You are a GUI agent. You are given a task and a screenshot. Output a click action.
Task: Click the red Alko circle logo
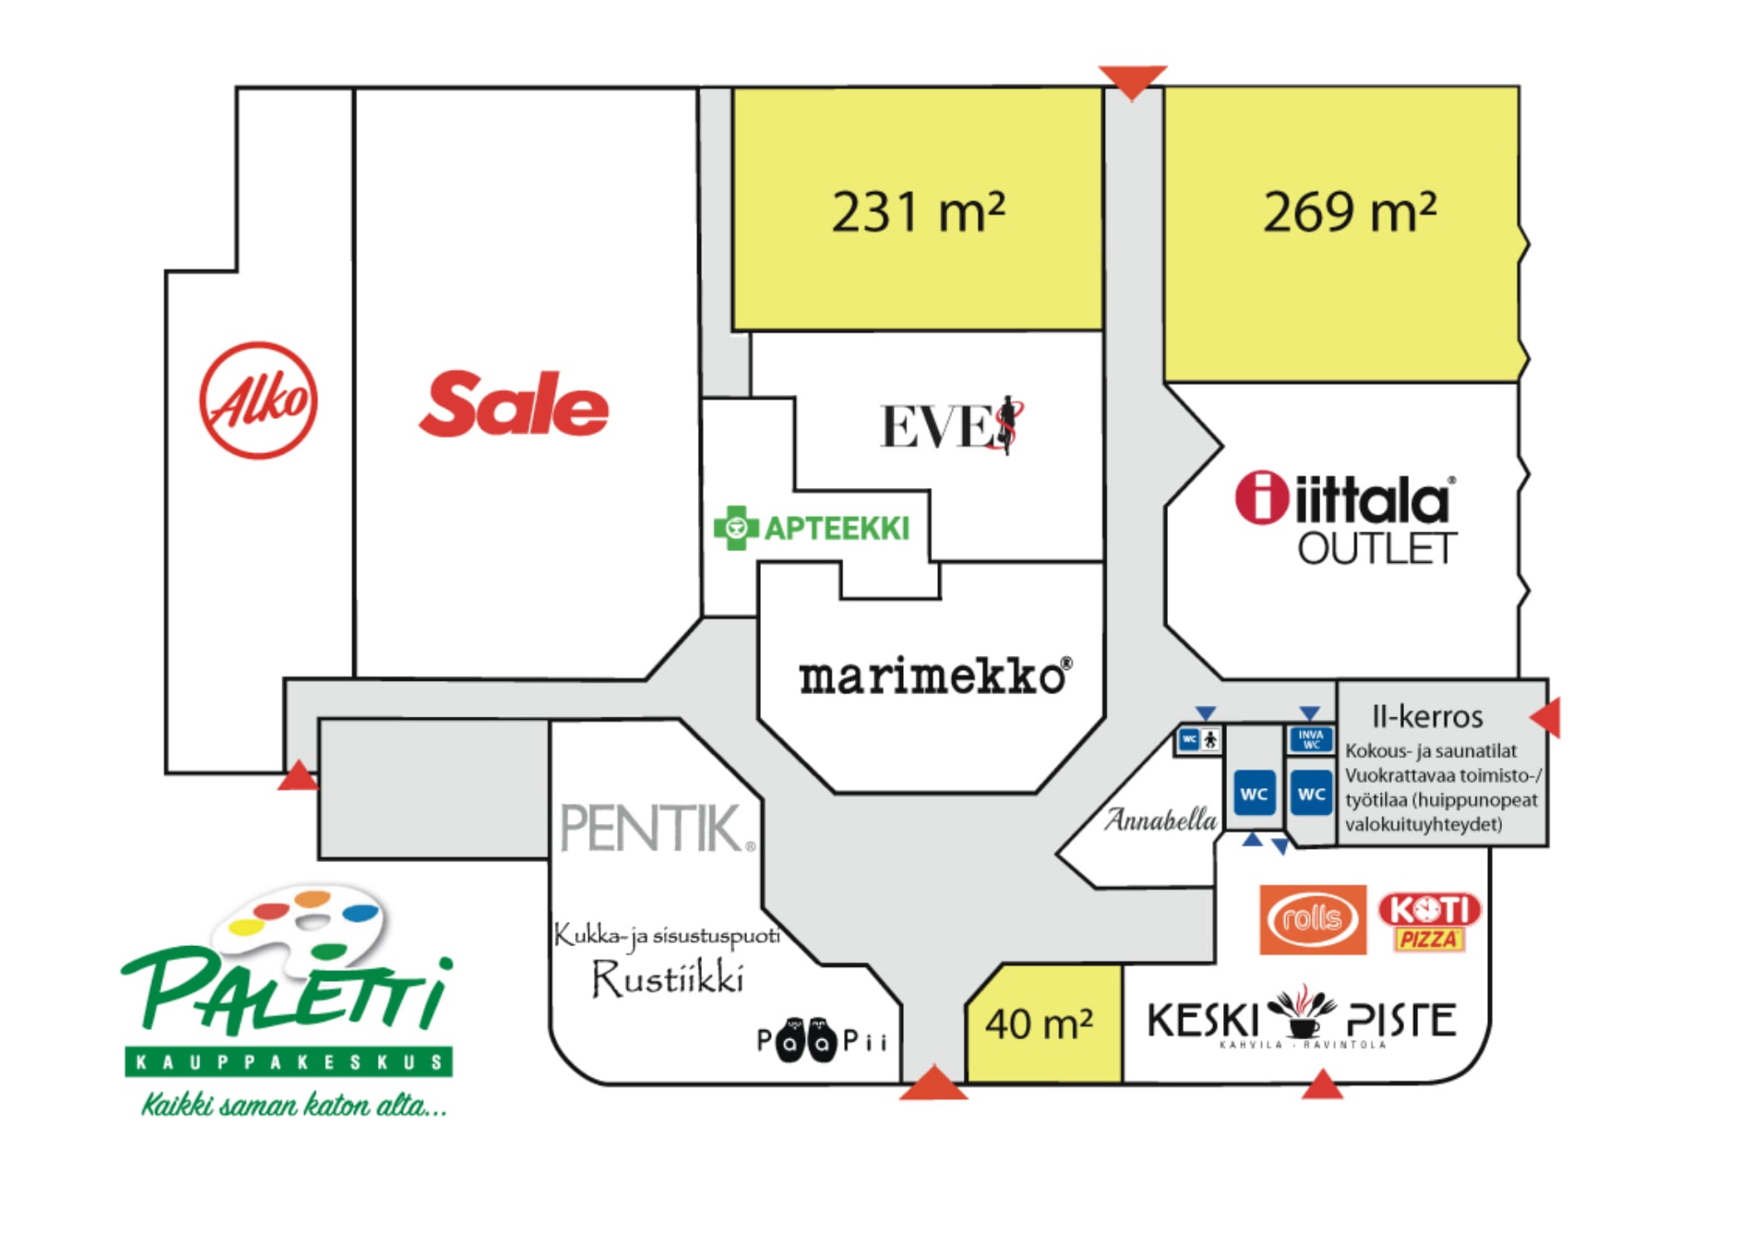click(258, 400)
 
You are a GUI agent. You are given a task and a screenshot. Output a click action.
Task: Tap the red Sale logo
click(514, 405)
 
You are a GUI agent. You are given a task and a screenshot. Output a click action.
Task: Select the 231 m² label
click(918, 211)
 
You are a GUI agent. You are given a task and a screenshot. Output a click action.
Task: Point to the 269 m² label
click(1349, 211)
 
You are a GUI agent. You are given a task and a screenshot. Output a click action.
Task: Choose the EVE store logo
click(951, 426)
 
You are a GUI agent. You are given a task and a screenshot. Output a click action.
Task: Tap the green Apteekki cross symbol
click(735, 528)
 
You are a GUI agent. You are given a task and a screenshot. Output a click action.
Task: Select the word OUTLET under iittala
click(1377, 550)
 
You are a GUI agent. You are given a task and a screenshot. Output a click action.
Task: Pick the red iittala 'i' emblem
click(1261, 498)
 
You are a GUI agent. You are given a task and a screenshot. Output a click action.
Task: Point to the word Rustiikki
click(667, 978)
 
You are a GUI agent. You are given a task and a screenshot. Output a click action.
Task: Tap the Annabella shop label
click(1160, 821)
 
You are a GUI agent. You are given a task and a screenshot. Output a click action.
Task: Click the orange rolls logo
click(1312, 919)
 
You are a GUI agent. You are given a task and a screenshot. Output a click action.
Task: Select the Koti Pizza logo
click(1429, 919)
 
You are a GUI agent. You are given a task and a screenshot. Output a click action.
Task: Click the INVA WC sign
click(1311, 739)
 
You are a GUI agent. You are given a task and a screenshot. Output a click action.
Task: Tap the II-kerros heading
click(1427, 716)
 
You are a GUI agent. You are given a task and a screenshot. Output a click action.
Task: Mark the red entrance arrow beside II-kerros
click(1547, 717)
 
